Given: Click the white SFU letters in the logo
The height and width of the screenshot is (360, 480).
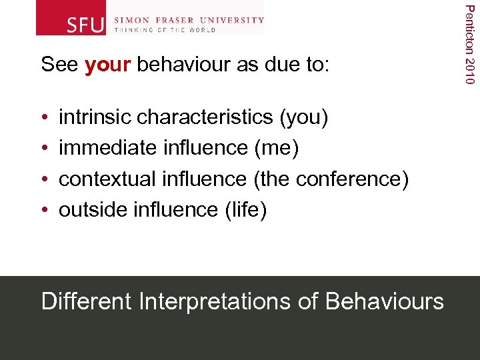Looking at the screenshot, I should [x=86, y=25].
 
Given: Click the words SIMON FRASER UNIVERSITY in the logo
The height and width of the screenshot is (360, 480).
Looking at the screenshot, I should [x=189, y=20].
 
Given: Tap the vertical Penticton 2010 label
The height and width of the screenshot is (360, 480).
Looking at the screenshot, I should [x=470, y=44].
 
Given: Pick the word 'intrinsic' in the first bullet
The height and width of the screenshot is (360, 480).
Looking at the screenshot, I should [x=95, y=117].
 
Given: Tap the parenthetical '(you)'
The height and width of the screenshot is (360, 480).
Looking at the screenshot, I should [x=304, y=117].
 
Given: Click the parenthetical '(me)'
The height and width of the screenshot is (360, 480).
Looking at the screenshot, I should [x=276, y=148].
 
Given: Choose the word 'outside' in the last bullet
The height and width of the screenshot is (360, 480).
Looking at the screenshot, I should [x=93, y=210].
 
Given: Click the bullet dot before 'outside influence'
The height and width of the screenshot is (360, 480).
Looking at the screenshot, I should [x=44, y=211].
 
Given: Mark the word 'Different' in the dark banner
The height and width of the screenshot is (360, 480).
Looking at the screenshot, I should [x=87, y=301].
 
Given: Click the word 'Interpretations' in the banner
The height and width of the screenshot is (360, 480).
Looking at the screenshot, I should [x=215, y=301].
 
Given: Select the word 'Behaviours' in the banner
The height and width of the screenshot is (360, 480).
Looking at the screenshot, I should [x=384, y=301].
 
